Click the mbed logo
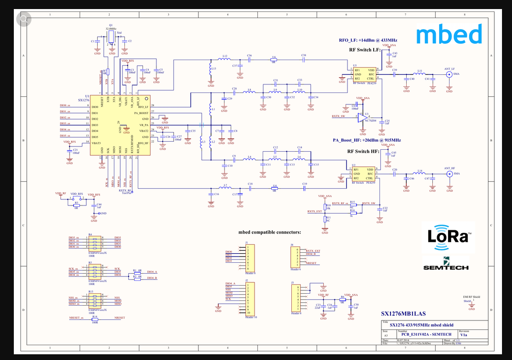point(449,34)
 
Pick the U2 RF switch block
point(363,174)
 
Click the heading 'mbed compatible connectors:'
point(270,233)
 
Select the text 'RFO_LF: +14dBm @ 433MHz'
point(368,41)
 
